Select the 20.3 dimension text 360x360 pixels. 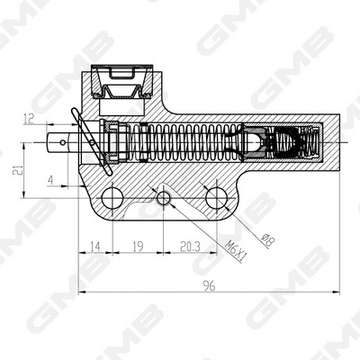click(190, 243)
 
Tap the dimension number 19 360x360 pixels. click(138, 243)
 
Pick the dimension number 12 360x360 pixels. click(30, 117)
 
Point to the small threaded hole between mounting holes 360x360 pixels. click(164, 197)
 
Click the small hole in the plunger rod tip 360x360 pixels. click(63, 141)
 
